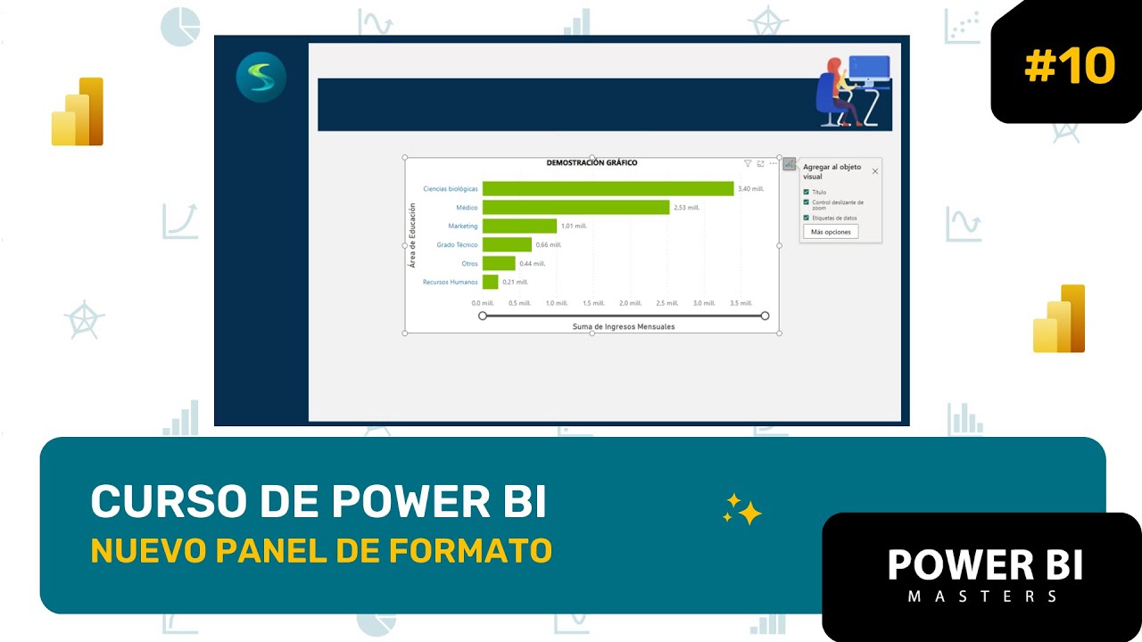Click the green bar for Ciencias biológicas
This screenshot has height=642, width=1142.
(608, 188)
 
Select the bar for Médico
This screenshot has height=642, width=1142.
(575, 207)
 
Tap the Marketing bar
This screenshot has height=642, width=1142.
(519, 226)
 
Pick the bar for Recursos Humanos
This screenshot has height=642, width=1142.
(490, 282)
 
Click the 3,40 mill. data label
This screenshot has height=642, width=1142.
(750, 189)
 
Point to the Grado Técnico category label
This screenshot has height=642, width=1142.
(457, 244)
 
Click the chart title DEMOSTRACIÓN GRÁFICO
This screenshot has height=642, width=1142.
(592, 163)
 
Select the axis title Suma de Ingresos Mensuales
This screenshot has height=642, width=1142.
(623, 326)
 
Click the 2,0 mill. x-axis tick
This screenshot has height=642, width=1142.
(630, 303)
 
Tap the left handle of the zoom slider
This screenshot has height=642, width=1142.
(483, 316)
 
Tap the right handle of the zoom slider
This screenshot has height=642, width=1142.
(765, 316)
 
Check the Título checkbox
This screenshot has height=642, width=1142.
(807, 192)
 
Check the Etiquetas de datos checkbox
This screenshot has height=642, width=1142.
(807, 218)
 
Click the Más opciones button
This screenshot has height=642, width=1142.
(831, 232)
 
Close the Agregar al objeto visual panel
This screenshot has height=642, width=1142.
(874, 171)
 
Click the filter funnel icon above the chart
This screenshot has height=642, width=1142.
(748, 164)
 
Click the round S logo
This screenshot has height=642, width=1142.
(261, 78)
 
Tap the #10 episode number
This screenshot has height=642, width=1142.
(1069, 66)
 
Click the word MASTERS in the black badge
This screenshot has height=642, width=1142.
(983, 596)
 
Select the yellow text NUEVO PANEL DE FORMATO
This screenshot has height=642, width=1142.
(321, 550)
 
